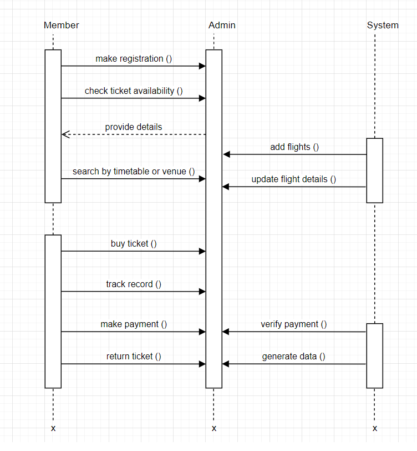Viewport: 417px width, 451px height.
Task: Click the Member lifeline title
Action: tap(61, 25)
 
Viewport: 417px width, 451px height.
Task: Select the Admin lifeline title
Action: tap(222, 25)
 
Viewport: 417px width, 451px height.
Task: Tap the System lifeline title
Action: tap(383, 25)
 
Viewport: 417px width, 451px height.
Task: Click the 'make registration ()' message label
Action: tap(134, 58)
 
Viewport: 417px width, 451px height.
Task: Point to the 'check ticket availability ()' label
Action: tap(134, 91)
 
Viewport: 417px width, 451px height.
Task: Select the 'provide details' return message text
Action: tap(134, 127)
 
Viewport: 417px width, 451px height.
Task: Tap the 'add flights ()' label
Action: tap(294, 147)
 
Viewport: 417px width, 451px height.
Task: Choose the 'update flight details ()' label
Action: tap(294, 179)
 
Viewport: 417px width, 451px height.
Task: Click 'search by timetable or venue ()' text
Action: tap(134, 171)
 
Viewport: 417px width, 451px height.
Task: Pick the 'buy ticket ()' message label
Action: tap(134, 243)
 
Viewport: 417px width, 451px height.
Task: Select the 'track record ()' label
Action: tap(134, 284)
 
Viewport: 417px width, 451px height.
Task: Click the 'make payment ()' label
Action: tap(134, 324)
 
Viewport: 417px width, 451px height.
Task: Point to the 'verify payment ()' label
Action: tap(294, 324)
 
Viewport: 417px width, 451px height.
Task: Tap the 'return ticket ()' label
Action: tap(134, 356)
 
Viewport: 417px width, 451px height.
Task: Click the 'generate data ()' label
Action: tap(294, 356)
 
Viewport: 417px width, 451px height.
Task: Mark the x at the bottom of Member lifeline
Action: tap(53, 428)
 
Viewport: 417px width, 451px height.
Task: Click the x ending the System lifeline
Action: tap(375, 428)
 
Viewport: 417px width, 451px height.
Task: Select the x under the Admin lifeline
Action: tap(214, 428)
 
